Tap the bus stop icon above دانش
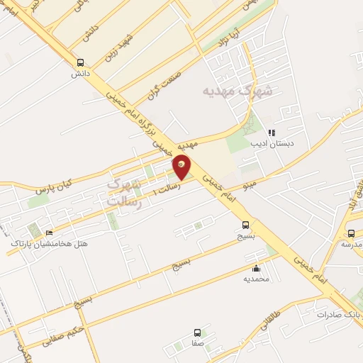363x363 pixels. (x=79, y=62)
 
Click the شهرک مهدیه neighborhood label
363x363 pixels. (x=237, y=90)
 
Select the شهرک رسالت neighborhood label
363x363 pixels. (x=124, y=193)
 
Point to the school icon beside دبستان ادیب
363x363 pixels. (x=271, y=132)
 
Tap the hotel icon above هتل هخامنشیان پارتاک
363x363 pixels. (x=49, y=233)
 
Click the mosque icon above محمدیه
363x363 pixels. (x=256, y=268)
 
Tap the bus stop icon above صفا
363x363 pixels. (x=197, y=333)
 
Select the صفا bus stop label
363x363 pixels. (x=197, y=343)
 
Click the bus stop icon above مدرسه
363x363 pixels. (x=351, y=233)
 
